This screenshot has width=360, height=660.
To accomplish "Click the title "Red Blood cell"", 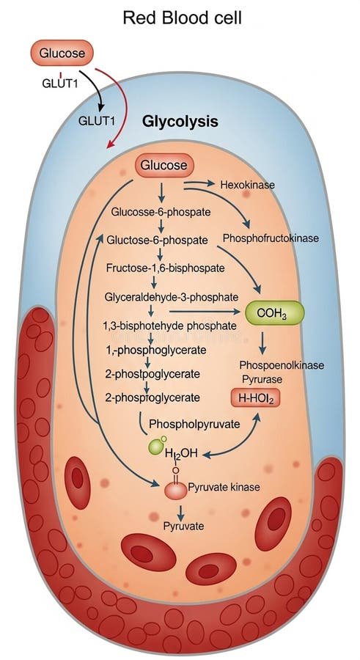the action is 183,18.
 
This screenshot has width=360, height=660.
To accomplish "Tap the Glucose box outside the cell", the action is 62,54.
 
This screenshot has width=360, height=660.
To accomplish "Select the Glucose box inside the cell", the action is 164,165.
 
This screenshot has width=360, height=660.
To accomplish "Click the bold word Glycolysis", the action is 180,122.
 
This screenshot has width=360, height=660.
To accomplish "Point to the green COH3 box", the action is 274,314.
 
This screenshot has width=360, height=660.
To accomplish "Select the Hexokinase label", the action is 248,185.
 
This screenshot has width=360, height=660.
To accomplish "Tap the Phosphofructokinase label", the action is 271,238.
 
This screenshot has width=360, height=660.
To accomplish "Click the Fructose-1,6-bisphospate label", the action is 166,268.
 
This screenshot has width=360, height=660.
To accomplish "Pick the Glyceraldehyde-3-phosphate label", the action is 172,297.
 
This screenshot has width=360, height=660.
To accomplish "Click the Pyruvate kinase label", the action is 224,487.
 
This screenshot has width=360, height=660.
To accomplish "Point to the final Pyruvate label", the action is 183,526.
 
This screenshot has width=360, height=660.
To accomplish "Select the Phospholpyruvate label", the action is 194,423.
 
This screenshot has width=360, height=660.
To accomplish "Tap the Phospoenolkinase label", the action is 282,365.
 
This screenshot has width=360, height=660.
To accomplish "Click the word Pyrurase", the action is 262,379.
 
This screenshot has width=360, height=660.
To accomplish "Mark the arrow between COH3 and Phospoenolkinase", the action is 262,342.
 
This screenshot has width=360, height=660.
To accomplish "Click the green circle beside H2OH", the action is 155,447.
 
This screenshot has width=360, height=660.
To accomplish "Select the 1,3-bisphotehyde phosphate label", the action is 169,326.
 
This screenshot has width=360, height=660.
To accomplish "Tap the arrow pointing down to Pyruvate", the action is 181,512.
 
